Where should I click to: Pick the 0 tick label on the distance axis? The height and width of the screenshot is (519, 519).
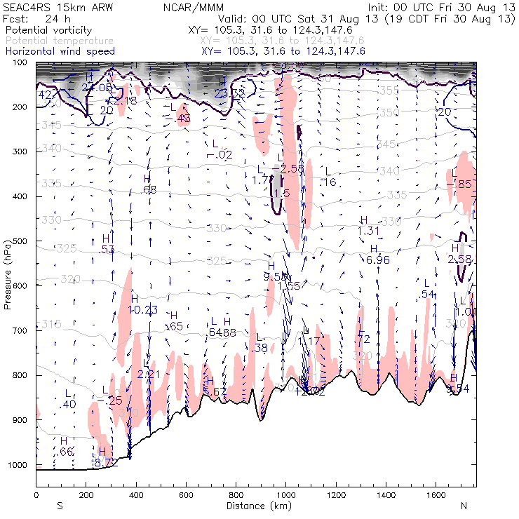coord(36,495)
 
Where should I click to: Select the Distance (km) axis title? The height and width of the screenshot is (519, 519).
coord(255,505)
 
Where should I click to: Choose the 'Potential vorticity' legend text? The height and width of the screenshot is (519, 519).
coord(48,32)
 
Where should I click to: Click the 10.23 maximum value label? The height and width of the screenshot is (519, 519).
coord(144,309)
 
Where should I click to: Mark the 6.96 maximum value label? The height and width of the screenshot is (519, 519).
coord(377,259)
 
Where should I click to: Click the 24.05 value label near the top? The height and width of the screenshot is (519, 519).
coord(96,87)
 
